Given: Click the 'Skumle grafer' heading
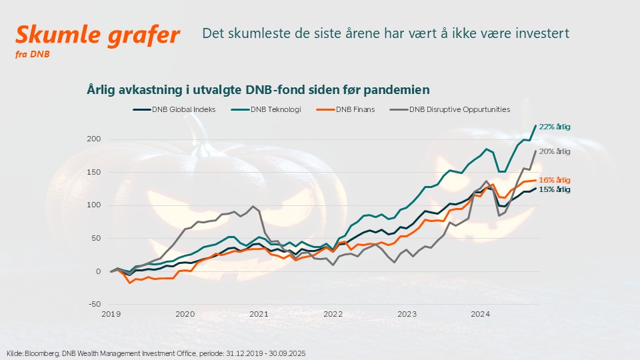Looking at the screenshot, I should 97,35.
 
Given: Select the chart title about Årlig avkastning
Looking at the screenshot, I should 258,89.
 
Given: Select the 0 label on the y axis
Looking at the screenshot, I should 98,271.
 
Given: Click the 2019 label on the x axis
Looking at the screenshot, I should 111,313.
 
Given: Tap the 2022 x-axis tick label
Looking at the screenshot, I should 333,313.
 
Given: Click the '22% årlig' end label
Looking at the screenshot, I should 555,127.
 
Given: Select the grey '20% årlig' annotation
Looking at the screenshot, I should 555,151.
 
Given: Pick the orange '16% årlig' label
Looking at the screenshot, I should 555,180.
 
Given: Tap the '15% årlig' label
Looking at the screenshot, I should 555,190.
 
